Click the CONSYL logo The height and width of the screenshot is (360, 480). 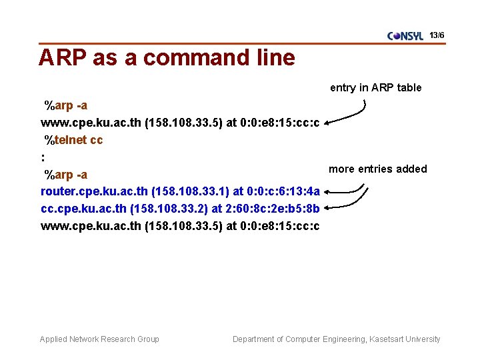(405, 36)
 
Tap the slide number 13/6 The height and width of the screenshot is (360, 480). (437, 35)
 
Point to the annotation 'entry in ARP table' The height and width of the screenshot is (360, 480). (375, 88)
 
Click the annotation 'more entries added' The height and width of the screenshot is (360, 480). (377, 169)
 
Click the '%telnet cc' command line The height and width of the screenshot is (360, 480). (73, 140)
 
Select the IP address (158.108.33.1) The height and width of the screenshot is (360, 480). (189, 192)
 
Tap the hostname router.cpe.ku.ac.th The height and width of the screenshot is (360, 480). (95, 192)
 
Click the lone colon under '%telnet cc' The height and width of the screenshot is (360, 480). (43, 158)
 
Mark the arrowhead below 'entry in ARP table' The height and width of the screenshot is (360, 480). (328, 122)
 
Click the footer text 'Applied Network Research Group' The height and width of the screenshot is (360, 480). (99, 339)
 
